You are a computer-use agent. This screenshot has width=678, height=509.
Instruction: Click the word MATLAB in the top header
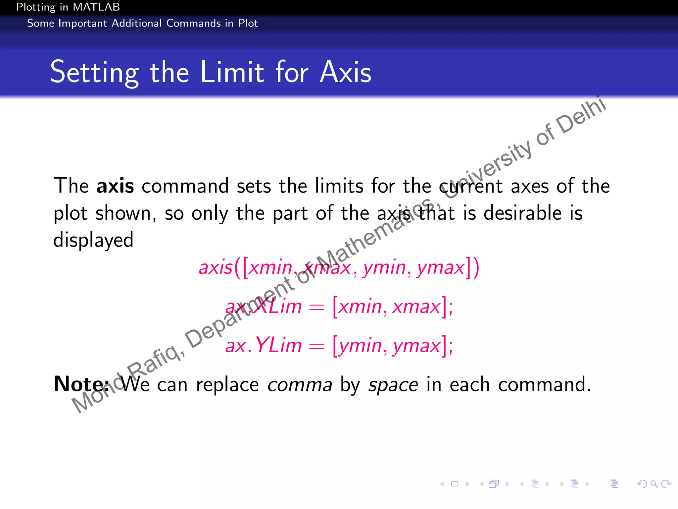tap(97, 7)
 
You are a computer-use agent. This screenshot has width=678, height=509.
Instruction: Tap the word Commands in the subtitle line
tap(194, 24)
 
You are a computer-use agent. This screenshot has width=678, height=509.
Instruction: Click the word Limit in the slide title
tap(232, 72)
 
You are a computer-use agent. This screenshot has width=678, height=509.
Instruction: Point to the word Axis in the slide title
tap(346, 72)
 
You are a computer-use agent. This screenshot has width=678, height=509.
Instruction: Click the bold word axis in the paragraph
tap(115, 186)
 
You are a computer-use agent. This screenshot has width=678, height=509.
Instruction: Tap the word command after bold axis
tap(185, 186)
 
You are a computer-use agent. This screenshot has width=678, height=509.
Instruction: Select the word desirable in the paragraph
tap(522, 213)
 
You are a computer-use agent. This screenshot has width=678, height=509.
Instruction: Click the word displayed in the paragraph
tap(93, 240)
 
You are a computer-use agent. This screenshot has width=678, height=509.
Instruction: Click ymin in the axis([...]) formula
tap(384, 268)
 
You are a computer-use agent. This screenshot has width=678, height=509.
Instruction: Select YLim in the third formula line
tap(278, 345)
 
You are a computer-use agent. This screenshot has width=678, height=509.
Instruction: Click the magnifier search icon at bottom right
tap(654, 484)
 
